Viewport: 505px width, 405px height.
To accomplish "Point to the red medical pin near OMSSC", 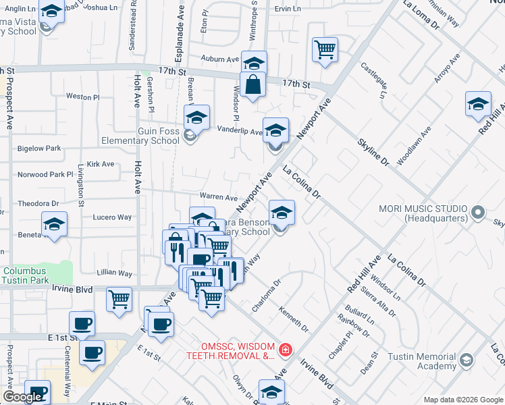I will pyautogui.click(x=286, y=350).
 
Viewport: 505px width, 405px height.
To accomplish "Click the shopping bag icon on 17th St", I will pyautogui.click(x=252, y=86).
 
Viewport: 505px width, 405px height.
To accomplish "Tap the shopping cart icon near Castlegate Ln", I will pyautogui.click(x=325, y=50).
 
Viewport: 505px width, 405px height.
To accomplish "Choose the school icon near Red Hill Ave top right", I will pyautogui.click(x=478, y=105).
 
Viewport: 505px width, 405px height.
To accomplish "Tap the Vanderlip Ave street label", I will pyautogui.click(x=239, y=132).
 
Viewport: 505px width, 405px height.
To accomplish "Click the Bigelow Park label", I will pyautogui.click(x=39, y=148).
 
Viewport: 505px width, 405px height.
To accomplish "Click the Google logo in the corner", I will pyautogui.click(x=22, y=397).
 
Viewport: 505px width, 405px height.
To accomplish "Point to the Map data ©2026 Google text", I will pyautogui.click(x=463, y=400).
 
